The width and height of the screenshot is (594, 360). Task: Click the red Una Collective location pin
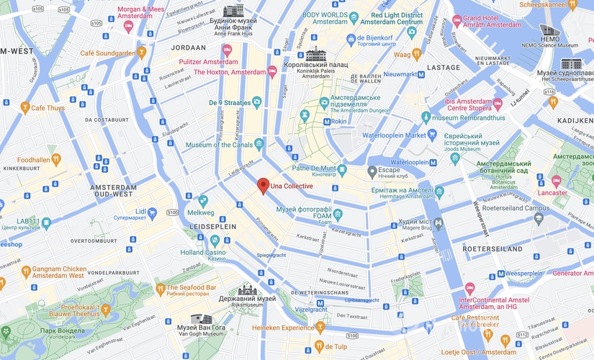(x=264, y=185)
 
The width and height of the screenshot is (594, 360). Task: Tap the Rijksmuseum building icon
(x=246, y=289)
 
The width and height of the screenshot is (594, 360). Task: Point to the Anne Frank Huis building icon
(x=233, y=11)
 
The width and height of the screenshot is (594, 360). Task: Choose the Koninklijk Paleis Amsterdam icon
(x=315, y=54)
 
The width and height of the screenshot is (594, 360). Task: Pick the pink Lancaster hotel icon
(x=557, y=180)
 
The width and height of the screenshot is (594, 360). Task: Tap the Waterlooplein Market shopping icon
(x=432, y=134)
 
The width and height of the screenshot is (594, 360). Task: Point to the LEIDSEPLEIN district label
(x=212, y=225)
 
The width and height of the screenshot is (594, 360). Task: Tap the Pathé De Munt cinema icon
(x=343, y=169)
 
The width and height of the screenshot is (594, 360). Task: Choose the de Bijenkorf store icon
(x=351, y=38)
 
